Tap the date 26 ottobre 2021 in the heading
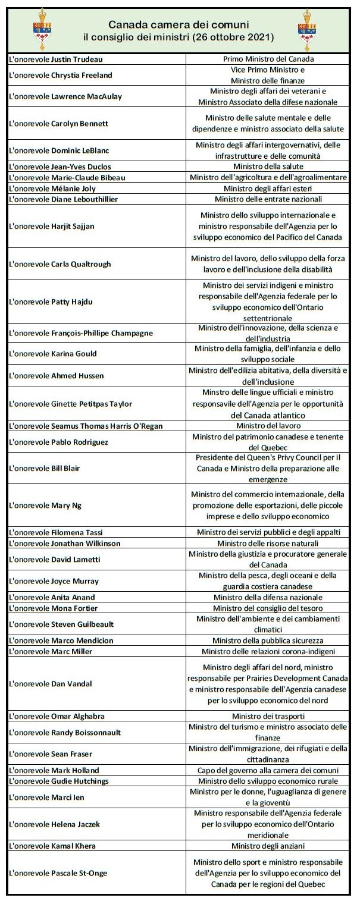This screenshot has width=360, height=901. [x=231, y=37]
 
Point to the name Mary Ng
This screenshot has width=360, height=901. [x=74, y=505]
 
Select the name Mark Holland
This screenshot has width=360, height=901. [x=80, y=770]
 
